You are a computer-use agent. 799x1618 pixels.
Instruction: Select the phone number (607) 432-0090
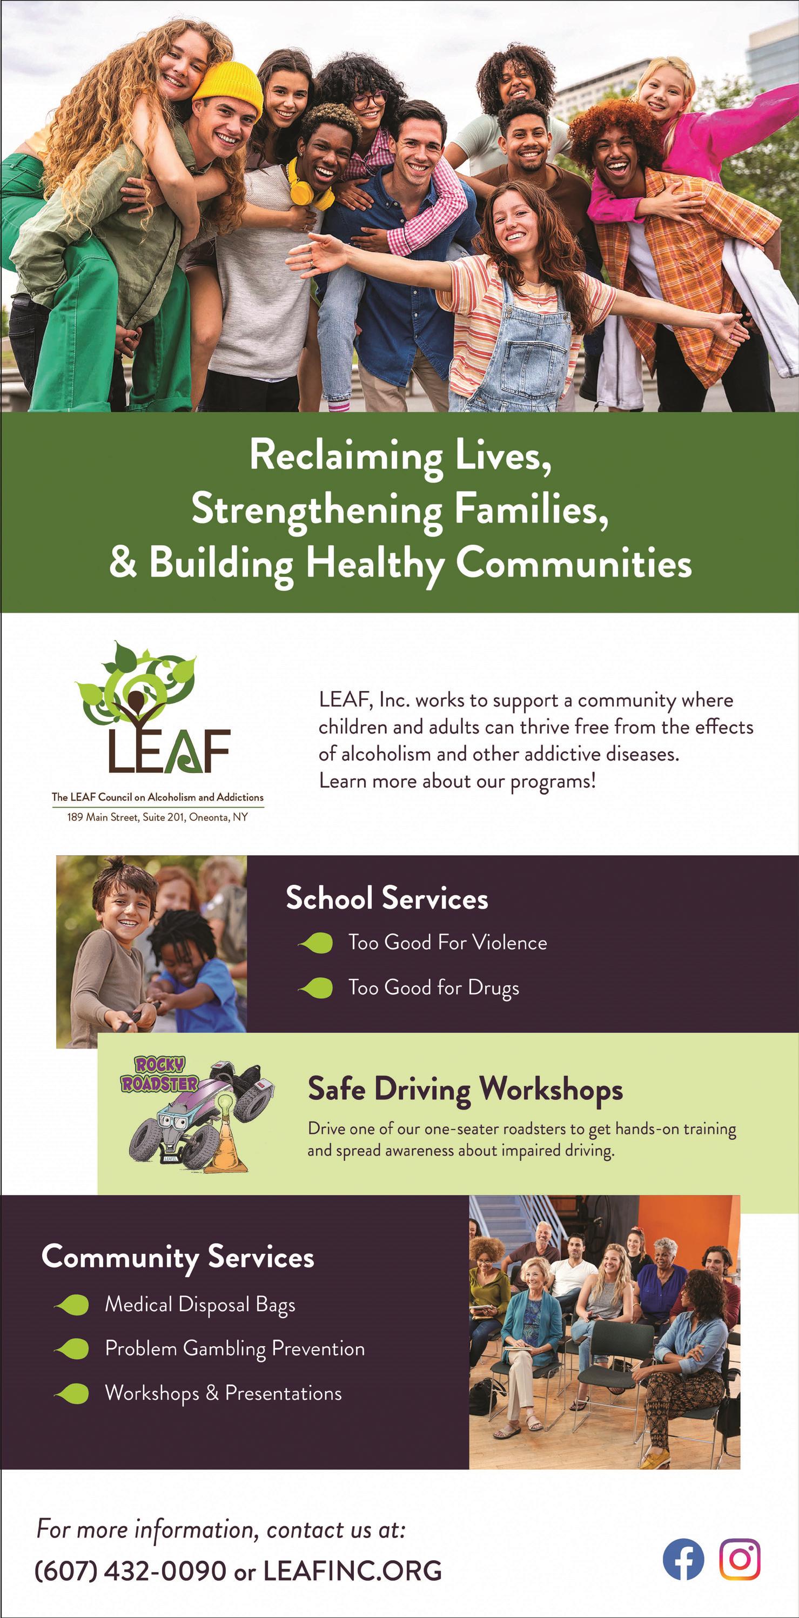[x=130, y=1571]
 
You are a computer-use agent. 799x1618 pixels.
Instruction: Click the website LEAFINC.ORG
[x=352, y=1571]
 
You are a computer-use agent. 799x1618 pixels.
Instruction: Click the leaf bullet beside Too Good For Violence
[x=317, y=943]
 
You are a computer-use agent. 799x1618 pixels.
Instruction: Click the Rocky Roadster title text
[x=159, y=1074]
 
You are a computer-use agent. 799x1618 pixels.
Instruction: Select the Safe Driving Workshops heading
[x=465, y=1089]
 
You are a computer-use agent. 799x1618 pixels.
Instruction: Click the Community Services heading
[x=178, y=1257]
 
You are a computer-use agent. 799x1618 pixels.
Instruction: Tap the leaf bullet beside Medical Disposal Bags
[x=73, y=1305]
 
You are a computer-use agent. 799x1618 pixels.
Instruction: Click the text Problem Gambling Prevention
[x=235, y=1348]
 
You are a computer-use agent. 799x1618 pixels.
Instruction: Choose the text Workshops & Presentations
[x=224, y=1393]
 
